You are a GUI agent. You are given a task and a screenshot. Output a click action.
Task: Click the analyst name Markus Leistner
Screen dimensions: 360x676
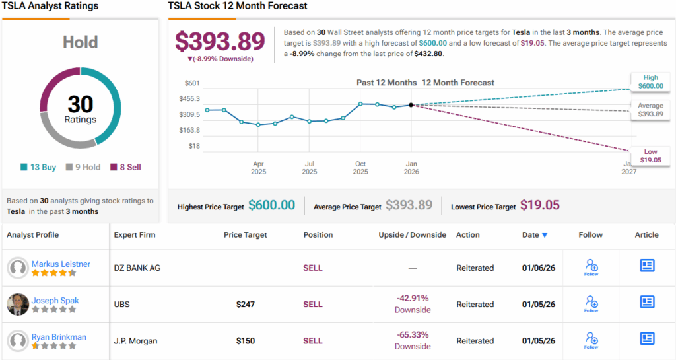(x=61, y=264)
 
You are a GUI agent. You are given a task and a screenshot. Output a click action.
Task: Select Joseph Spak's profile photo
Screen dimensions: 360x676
(x=18, y=304)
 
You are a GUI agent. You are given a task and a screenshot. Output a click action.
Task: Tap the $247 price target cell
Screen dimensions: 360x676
(x=246, y=305)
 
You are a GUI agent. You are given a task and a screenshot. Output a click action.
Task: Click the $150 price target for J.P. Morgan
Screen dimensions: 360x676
(x=246, y=341)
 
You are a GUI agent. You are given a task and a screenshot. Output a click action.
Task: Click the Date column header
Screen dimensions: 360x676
(x=535, y=234)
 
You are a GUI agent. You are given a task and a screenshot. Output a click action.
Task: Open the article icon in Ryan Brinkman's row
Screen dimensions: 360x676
(x=647, y=338)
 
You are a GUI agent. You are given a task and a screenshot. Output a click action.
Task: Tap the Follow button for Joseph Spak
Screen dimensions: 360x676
(x=591, y=304)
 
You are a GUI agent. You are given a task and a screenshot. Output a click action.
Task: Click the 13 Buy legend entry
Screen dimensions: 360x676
(x=38, y=167)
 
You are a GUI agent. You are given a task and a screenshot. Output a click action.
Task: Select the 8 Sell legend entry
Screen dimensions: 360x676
(x=125, y=167)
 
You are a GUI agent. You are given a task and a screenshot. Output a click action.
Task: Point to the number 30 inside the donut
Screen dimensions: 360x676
(x=81, y=105)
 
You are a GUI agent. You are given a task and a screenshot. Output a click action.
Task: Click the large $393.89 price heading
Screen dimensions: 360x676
(x=220, y=41)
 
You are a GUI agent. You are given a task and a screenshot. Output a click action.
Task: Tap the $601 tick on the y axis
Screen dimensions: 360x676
(x=193, y=83)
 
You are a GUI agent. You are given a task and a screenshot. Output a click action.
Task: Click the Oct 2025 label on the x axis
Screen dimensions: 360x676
(x=360, y=168)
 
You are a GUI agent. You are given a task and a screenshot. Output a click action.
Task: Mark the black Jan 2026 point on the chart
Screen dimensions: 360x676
(x=411, y=104)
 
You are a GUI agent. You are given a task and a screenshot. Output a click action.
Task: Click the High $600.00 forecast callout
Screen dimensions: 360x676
(x=650, y=81)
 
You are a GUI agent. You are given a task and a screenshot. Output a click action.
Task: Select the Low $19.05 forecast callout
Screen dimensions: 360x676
(x=650, y=156)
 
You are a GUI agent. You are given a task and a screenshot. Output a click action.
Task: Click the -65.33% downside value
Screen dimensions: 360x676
(x=413, y=336)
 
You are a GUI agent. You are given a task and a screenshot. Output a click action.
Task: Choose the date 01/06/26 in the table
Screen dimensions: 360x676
(x=538, y=268)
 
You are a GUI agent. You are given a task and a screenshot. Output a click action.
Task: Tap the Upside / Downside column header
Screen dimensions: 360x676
(x=413, y=234)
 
